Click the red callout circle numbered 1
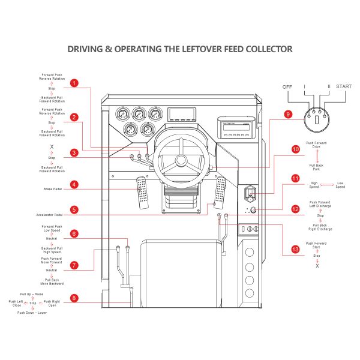coord(74,83)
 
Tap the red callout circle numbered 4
coord(74,185)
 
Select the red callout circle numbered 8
coord(74,298)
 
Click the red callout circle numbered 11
coord(295,178)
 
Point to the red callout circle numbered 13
coord(295,248)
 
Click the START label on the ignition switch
coord(344,87)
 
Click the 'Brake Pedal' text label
coord(53,188)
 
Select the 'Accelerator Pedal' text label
coord(50,214)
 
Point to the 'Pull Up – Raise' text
coord(31,294)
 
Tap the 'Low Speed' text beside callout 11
coord(340,185)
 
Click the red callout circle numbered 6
coord(74,233)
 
